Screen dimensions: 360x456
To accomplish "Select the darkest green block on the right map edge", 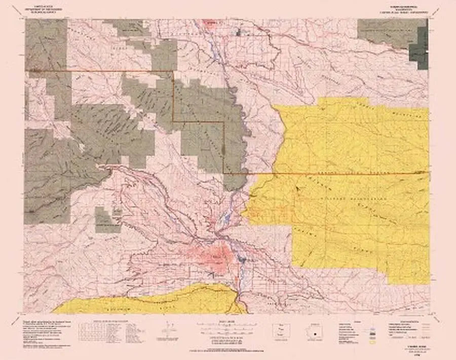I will (x=419, y=48).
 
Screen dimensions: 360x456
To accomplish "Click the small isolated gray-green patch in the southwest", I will (x=107, y=220).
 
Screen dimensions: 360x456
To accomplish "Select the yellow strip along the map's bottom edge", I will (x=147, y=301).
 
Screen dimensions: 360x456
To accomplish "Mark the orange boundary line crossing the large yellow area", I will (x=345, y=173).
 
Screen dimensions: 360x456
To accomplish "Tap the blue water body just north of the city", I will (x=226, y=218).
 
